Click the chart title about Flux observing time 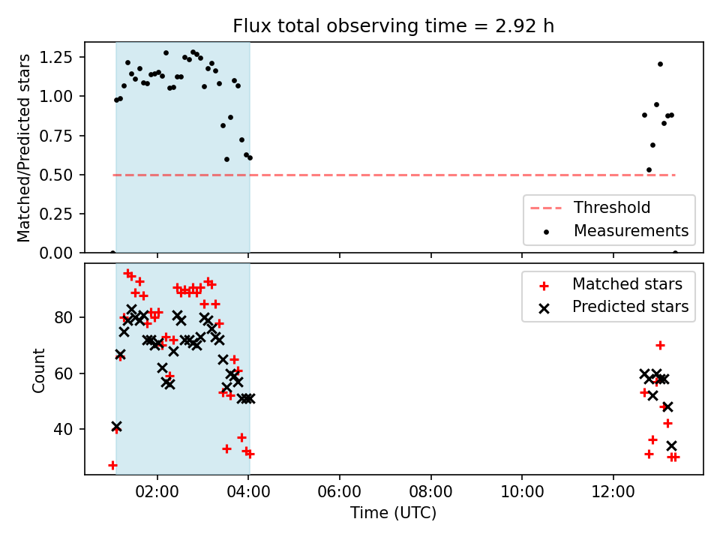pyautogui.click(x=394, y=26)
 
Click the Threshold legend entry pyautogui.click(x=612, y=208)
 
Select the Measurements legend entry pyautogui.click(x=631, y=230)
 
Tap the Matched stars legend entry pyautogui.click(x=627, y=284)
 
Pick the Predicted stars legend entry pyautogui.click(x=630, y=307)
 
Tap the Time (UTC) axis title pyautogui.click(x=393, y=513)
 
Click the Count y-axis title pyautogui.click(x=38, y=370)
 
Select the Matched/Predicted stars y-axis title pyautogui.click(x=24, y=148)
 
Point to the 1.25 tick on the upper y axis pyautogui.click(x=57, y=57)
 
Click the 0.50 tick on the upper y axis pyautogui.click(x=57, y=175)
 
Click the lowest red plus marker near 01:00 pyautogui.click(x=112, y=465)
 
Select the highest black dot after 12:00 pyautogui.click(x=660, y=64)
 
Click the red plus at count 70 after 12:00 pyautogui.click(x=660, y=345)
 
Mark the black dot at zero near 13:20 pyautogui.click(x=674, y=253)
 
